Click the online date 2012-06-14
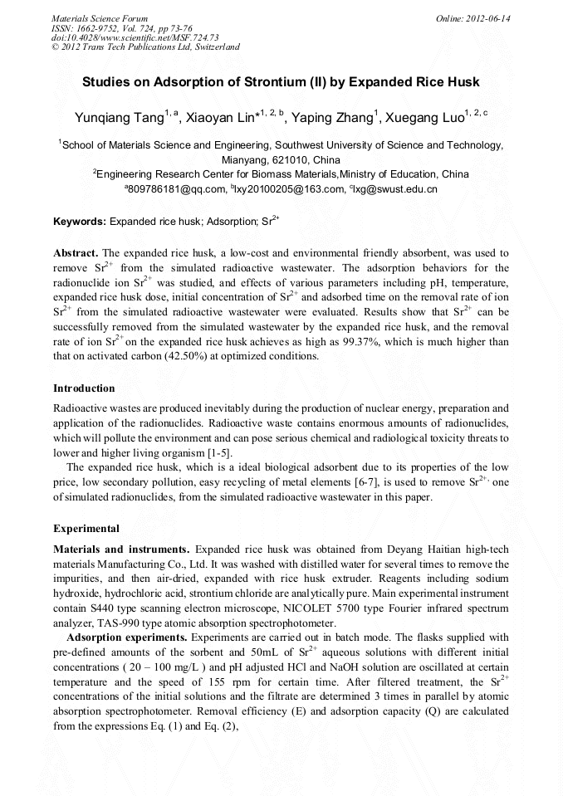click(489, 18)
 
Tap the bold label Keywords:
click(79, 222)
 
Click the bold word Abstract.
click(76, 251)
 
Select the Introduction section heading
click(84, 388)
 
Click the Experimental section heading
click(86, 528)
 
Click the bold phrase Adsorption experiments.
click(128, 637)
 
